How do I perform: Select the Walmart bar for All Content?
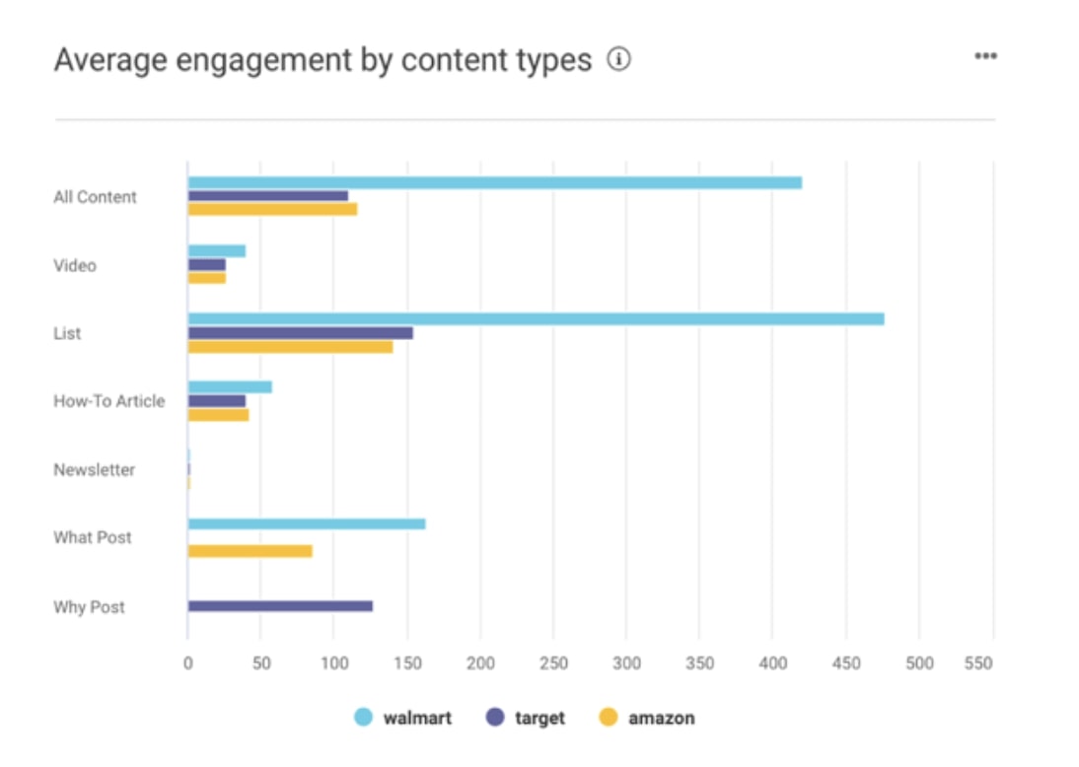click(x=494, y=182)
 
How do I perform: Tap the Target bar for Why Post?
click(x=280, y=605)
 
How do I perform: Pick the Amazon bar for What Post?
click(x=250, y=551)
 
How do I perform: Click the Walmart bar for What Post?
click(x=306, y=523)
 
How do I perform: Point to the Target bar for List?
click(x=300, y=333)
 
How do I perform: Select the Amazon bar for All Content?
click(x=272, y=209)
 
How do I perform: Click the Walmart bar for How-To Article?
click(x=230, y=387)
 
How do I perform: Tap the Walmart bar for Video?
click(x=216, y=251)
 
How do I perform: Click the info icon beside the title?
click(x=618, y=60)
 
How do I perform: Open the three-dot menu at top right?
click(x=985, y=56)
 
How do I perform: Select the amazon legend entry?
click(x=647, y=718)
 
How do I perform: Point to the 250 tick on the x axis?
click(x=553, y=663)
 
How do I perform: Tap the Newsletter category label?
click(x=94, y=469)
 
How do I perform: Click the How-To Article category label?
click(x=108, y=401)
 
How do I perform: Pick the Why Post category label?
click(x=89, y=607)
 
